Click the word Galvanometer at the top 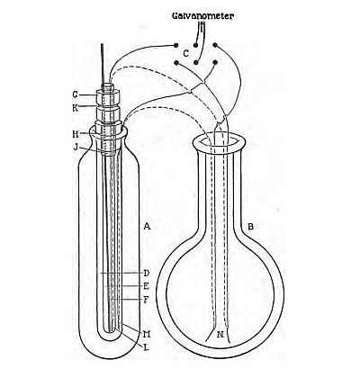coord(202,15)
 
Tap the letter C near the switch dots coord(186,54)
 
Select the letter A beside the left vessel coord(147,226)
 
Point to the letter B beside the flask coord(250,227)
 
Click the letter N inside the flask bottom coord(220,335)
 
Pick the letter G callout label coord(75,94)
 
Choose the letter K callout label coord(75,108)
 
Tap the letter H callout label coord(76,134)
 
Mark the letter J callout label coord(76,147)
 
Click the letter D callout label coord(147,273)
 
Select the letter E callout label coord(146,286)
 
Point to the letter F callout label coord(146,300)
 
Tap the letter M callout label coord(147,334)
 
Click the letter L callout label coord(146,347)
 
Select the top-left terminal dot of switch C coord(176,45)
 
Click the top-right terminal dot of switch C coord(215,45)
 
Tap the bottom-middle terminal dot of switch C coord(195,63)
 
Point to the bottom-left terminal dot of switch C coord(176,63)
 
